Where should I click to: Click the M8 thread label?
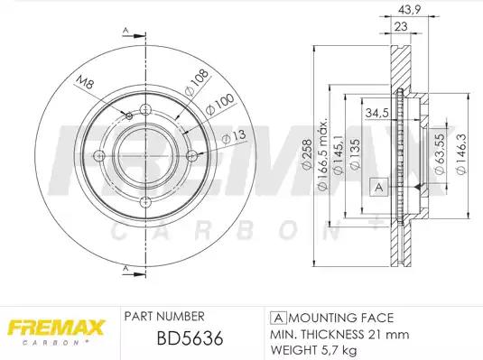(x=85, y=82)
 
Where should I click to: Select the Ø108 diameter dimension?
(x=196, y=82)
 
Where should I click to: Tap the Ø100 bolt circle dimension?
(x=219, y=105)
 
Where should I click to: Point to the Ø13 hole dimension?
(x=234, y=137)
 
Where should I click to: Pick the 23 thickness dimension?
(x=401, y=27)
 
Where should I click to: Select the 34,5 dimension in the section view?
(x=376, y=113)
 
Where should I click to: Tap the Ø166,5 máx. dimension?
(x=322, y=154)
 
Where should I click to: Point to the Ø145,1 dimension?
(x=339, y=155)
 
